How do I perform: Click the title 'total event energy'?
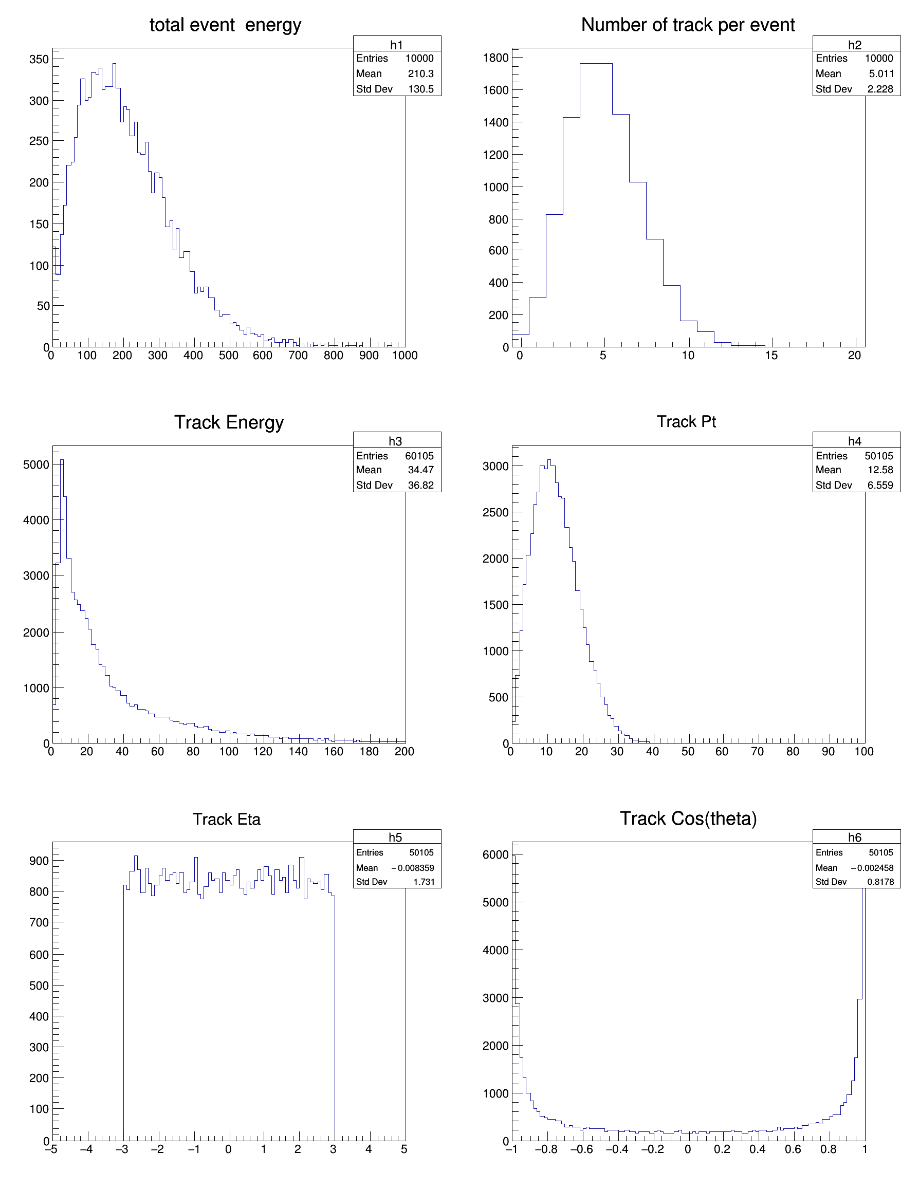(225, 25)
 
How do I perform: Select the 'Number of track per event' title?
(687, 25)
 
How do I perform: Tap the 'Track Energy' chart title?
(229, 422)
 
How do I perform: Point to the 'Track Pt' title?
(686, 422)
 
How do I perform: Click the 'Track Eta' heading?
(226, 820)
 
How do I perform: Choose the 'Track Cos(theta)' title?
(688, 819)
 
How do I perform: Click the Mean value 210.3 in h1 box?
(420, 73)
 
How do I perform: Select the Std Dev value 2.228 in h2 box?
(880, 89)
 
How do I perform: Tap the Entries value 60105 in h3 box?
(419, 456)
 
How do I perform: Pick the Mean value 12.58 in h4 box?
(880, 470)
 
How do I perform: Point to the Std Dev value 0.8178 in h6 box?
(880, 882)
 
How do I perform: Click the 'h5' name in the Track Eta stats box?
(395, 838)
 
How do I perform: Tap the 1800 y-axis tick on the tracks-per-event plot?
(495, 58)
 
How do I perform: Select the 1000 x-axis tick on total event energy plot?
(405, 356)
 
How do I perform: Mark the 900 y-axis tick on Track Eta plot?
(39, 861)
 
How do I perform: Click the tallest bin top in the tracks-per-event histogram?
(596, 64)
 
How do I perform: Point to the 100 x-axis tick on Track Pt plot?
(864, 752)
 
